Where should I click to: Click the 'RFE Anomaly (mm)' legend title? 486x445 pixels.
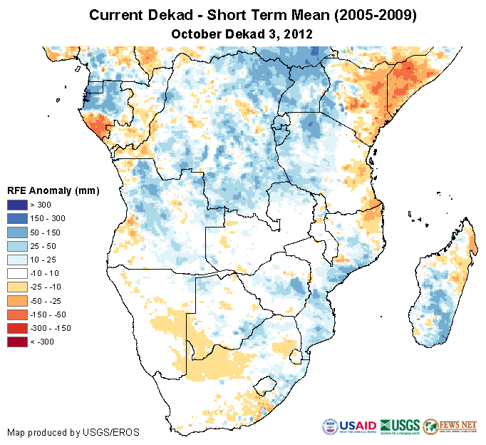53,190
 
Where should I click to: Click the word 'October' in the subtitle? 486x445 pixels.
195,34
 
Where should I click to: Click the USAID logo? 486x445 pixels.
348,426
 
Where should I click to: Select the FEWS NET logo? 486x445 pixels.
450,426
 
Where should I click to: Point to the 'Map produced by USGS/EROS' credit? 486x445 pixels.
73,432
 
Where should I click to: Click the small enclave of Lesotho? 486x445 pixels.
265,386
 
